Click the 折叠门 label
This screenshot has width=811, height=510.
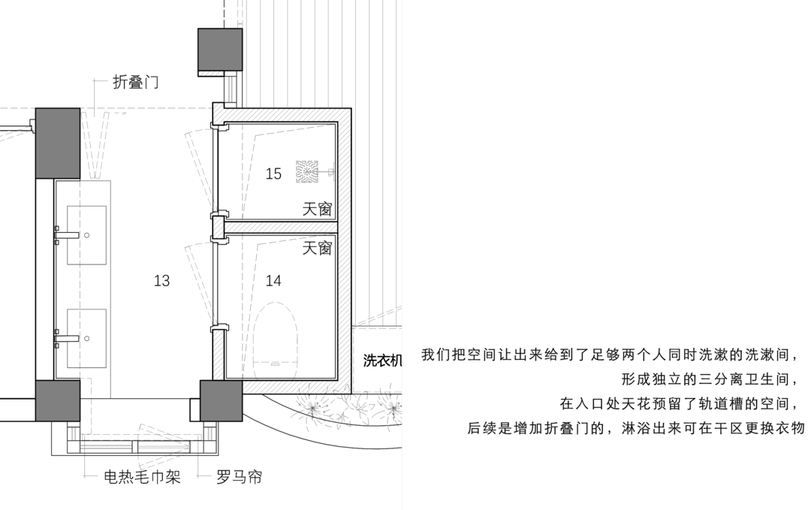pos(135,82)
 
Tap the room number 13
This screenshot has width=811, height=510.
pos(161,280)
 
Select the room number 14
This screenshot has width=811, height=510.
pos(273,280)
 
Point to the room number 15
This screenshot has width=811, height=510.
pos(273,174)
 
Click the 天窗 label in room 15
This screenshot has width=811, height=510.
pos(317,209)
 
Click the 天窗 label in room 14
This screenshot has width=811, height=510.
pos(317,248)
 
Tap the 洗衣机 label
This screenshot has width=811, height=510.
pos(382,360)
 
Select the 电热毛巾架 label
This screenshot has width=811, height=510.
pos(142,476)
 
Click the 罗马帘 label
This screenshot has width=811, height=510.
pos(239,476)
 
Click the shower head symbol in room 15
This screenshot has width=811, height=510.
pos(307,172)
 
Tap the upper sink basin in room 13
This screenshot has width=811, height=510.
pos(87,235)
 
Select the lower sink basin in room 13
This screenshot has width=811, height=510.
pos(87,339)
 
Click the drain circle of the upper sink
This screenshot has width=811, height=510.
pos(87,235)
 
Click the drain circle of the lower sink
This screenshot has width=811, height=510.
pos(87,339)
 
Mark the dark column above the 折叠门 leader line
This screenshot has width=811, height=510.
pos(57,143)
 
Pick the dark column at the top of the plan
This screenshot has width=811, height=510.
pos(220,50)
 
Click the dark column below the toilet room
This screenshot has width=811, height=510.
pos(221,401)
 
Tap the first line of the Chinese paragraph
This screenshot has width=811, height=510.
pos(609,355)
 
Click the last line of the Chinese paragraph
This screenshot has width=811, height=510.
pos(636,428)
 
